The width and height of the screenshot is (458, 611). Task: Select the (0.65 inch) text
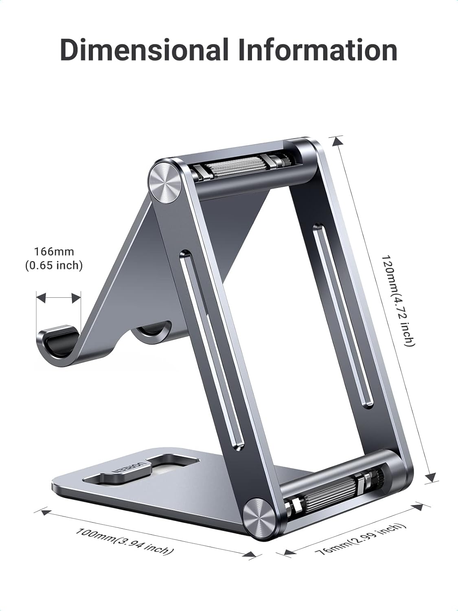coord(54,266)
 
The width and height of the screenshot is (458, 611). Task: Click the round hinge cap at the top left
coord(165,180)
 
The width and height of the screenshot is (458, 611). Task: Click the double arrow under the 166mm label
coord(58,297)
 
